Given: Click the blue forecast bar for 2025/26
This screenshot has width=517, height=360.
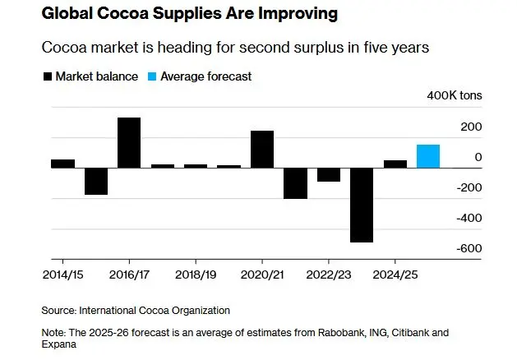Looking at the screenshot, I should click(428, 156).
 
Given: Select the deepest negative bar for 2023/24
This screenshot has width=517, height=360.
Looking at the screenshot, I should click(362, 205).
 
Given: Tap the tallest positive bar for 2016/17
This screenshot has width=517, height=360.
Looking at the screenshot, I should click(129, 142).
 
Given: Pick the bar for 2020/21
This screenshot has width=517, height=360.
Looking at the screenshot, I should click(262, 149).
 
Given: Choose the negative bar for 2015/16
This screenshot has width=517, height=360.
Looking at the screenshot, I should click(96, 181).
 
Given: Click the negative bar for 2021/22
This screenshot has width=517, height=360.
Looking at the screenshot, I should click(295, 183).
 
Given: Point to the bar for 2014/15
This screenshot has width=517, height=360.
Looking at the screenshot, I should click(62, 164).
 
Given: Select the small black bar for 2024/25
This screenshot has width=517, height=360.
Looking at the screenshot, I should click(395, 164).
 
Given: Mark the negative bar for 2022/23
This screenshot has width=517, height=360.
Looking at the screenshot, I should click(329, 174).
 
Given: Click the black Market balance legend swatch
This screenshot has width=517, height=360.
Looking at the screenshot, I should click(47, 76).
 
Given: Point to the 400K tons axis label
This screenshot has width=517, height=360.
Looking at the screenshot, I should click(455, 96).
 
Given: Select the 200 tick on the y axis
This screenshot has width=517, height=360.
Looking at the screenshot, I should click(471, 127).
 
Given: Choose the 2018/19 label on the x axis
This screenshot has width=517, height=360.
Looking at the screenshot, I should click(196, 272).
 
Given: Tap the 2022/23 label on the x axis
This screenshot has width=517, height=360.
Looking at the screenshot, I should click(329, 272).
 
